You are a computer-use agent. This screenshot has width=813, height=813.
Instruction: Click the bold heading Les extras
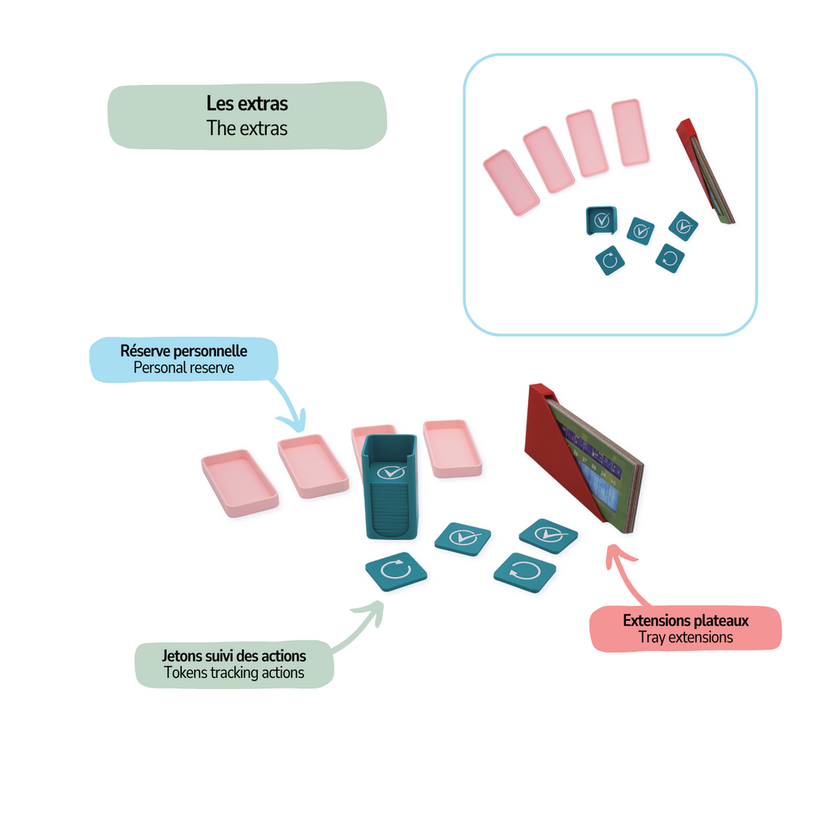click(247, 103)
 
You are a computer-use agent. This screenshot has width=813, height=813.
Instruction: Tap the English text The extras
click(247, 128)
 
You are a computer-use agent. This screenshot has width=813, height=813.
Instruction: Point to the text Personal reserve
click(183, 368)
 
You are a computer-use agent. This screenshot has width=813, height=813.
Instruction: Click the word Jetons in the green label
click(182, 656)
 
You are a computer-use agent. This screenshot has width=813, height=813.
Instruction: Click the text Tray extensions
click(685, 638)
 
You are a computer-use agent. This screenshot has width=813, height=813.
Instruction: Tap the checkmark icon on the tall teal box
click(389, 472)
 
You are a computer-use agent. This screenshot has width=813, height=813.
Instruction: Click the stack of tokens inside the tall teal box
click(389, 512)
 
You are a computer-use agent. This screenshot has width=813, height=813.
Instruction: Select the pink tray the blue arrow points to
click(312, 466)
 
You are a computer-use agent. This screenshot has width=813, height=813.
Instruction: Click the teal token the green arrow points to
click(395, 571)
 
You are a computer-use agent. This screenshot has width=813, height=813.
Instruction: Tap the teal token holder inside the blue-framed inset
click(601, 221)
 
